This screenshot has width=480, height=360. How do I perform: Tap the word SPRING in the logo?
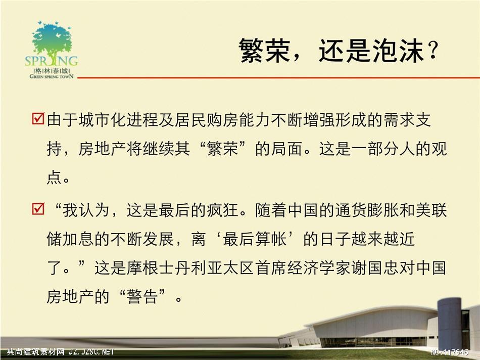pos(52,61)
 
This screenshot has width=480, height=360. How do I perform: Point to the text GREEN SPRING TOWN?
pos(52,76)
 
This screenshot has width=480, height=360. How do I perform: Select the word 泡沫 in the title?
pos(398,50)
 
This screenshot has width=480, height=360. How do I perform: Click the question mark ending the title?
pos(433,50)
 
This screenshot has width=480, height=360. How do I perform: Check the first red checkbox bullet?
pos(38,118)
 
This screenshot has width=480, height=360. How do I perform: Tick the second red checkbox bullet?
pos(38,209)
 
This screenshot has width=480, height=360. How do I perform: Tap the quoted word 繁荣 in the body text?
pos(222,149)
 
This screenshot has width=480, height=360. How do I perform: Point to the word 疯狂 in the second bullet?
pos(222,210)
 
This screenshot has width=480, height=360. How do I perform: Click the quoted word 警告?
pos(142,297)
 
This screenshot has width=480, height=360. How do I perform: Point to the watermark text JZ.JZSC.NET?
pos(91,352)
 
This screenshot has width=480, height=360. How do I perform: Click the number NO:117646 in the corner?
pos(449,352)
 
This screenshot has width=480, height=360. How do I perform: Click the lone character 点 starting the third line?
pos(55,177)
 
